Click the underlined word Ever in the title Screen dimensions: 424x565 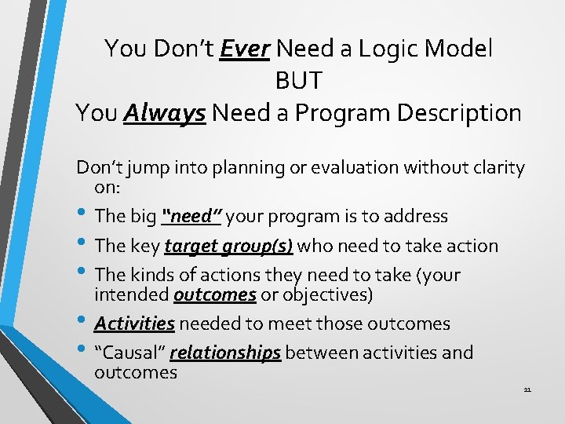(245, 49)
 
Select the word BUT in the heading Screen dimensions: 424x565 (298, 81)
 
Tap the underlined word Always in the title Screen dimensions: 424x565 (165, 113)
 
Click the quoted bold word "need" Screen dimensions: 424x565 (192, 216)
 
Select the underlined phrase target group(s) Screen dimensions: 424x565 (228, 246)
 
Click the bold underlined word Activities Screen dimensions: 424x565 (134, 323)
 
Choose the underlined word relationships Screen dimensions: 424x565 (225, 353)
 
